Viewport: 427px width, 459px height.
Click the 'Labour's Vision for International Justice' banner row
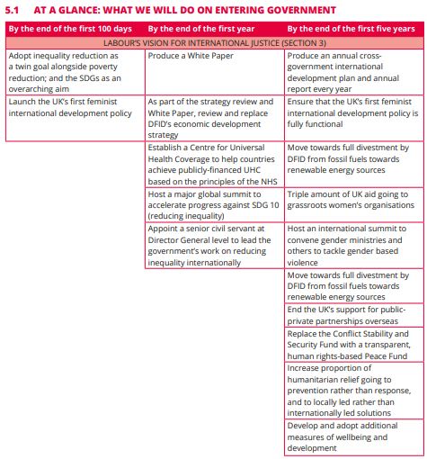(x=214, y=42)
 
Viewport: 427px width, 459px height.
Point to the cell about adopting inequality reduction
(x=75, y=72)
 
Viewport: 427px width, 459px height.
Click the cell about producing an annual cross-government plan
(x=352, y=72)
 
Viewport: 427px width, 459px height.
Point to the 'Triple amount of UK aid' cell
(x=352, y=199)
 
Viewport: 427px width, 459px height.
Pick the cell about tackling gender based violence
(x=352, y=246)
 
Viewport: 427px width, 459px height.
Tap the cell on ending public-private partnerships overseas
(x=352, y=316)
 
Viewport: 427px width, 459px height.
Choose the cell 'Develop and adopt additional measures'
(x=352, y=436)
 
